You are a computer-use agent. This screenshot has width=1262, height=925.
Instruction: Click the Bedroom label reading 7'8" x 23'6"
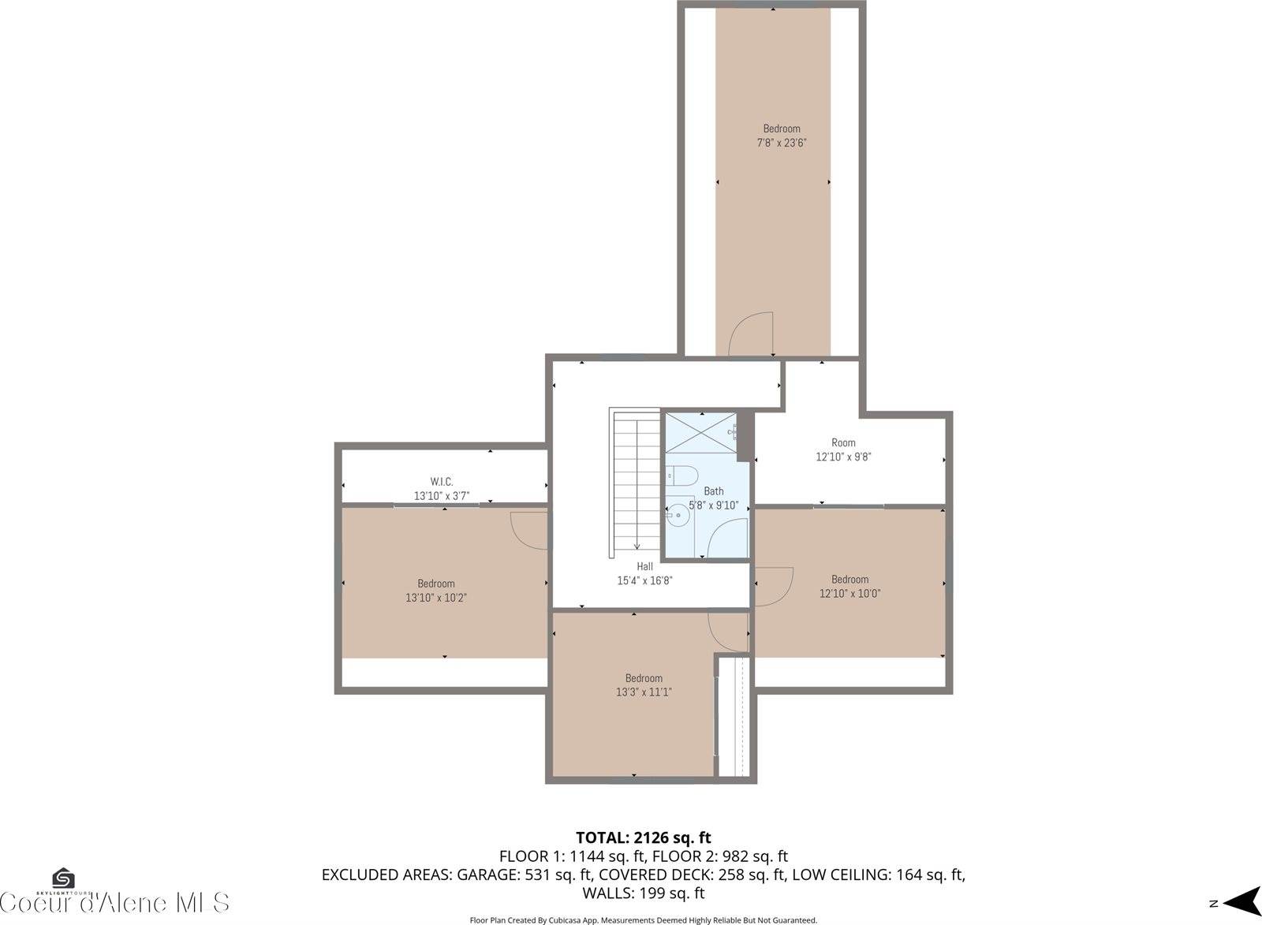tap(781, 136)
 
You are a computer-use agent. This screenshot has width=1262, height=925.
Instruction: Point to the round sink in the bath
tap(677, 517)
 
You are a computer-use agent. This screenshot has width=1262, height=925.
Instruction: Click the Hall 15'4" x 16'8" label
tap(644, 573)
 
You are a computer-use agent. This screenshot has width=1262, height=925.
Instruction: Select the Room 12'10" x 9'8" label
tap(843, 449)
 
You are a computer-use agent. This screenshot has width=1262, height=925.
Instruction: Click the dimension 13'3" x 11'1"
tap(644, 692)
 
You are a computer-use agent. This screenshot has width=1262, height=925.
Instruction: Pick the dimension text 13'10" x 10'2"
tap(436, 598)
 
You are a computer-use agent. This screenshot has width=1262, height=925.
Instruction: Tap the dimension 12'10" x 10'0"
tap(849, 593)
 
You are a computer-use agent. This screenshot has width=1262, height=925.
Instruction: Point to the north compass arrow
tap(1241, 902)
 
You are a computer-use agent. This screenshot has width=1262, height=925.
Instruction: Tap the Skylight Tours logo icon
tap(63, 878)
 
